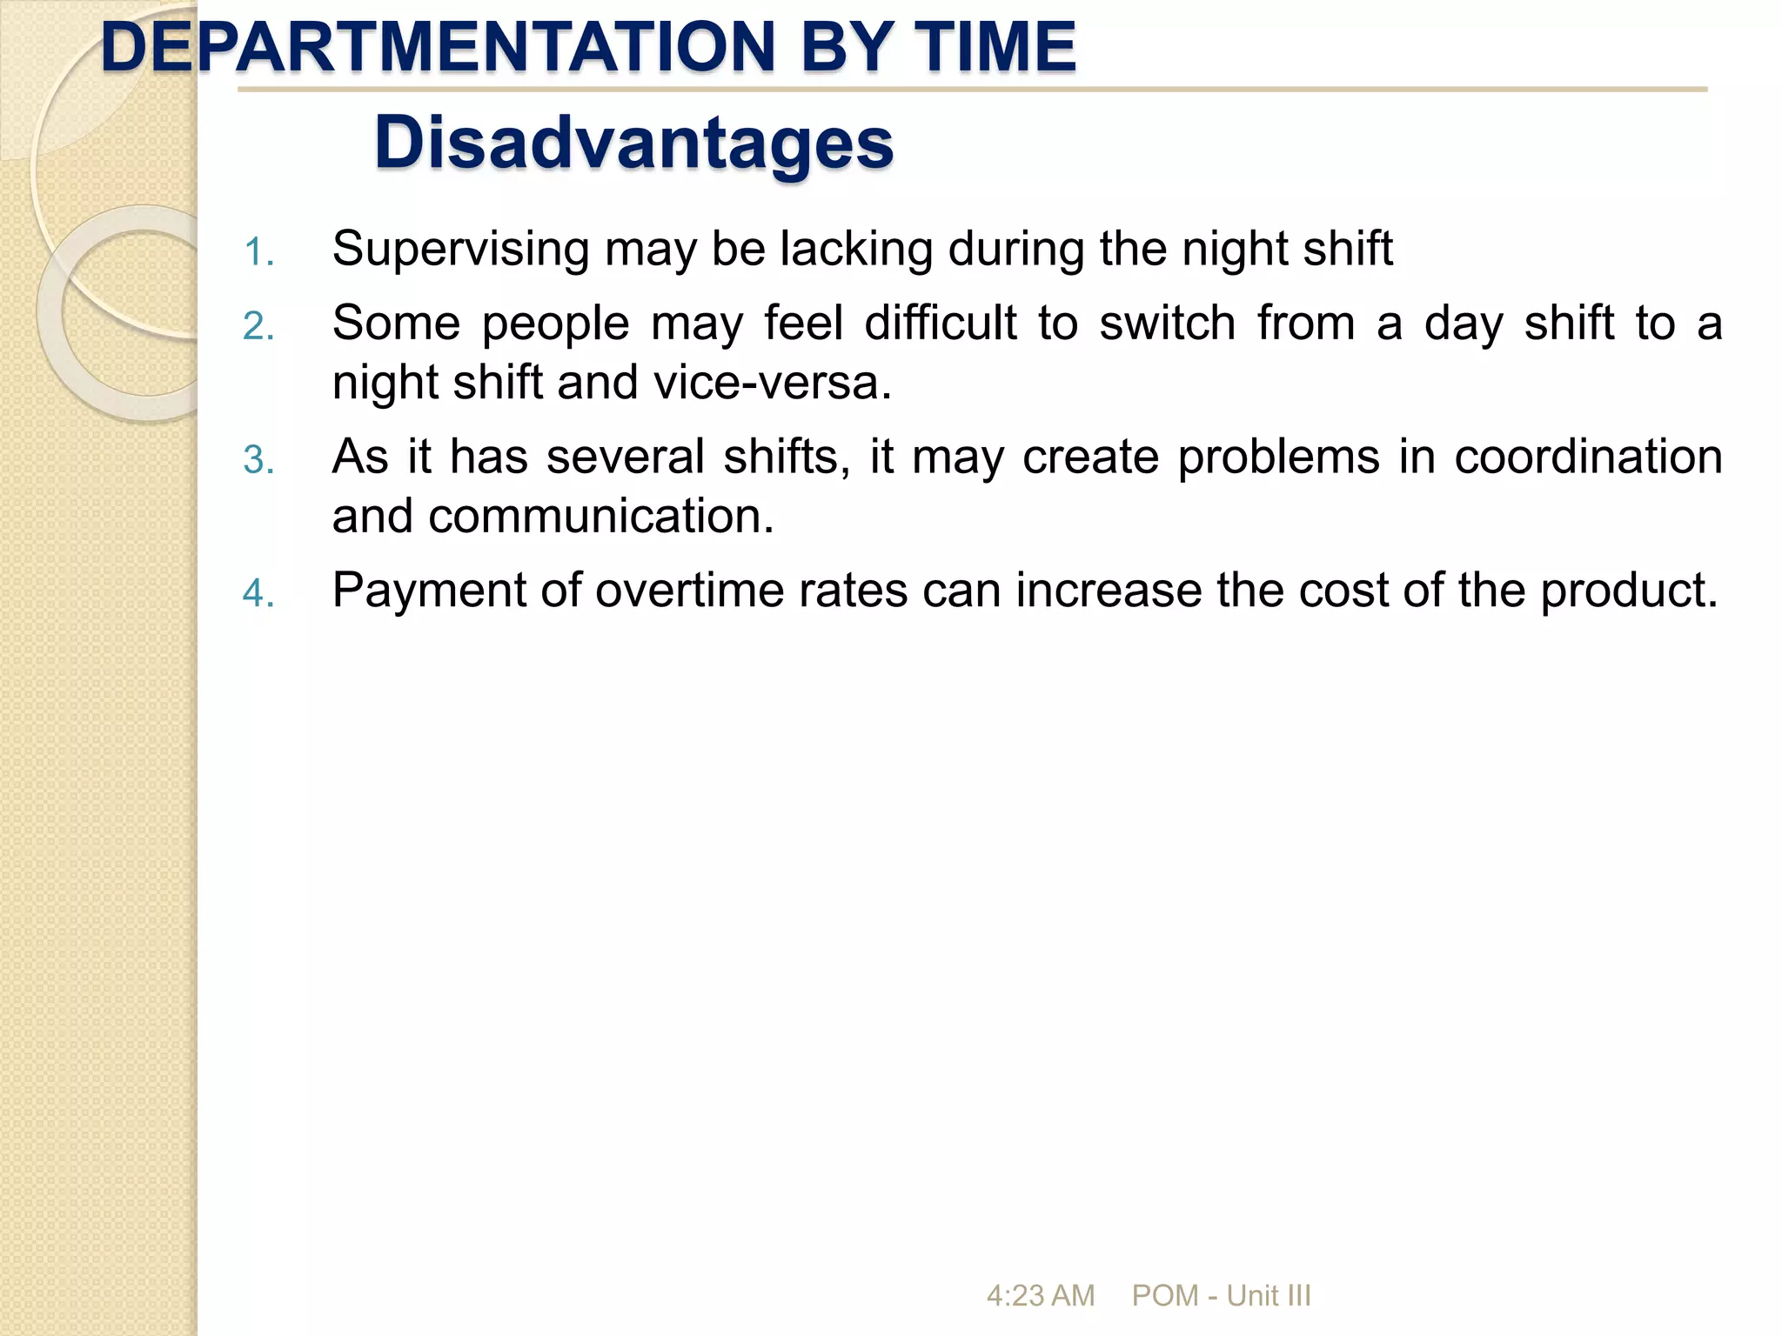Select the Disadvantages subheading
coord(633,143)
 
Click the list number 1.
coord(258,253)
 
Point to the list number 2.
coord(258,327)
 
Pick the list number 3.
coord(258,460)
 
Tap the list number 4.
coord(258,594)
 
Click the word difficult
coord(940,324)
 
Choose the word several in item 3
coord(625,457)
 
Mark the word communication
coord(600,516)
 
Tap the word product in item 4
coord(1627,591)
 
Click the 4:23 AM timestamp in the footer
coord(1040,1296)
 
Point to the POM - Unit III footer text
coord(1221,1296)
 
